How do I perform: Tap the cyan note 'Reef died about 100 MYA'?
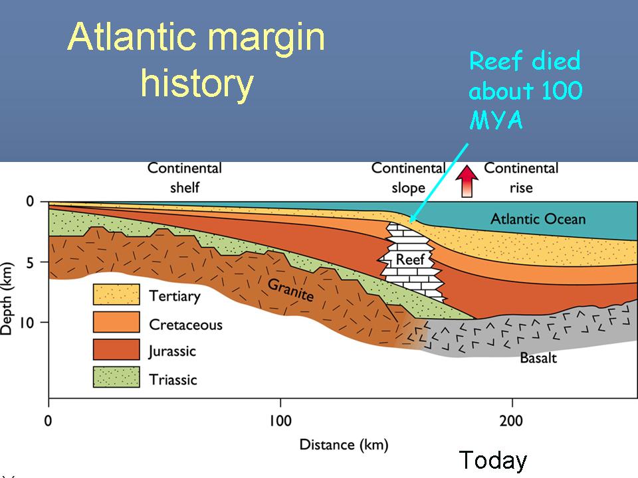pos(526,90)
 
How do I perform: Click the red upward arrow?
pos(467,181)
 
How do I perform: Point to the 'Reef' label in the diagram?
pos(410,259)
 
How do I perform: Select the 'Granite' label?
pos(290,289)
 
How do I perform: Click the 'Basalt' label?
pos(538,358)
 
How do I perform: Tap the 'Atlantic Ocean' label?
pos(538,219)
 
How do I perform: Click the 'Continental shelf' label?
pos(185,178)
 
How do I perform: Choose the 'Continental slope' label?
pos(408,178)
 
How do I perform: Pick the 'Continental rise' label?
pos(521,178)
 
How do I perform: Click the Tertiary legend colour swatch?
pos(116,294)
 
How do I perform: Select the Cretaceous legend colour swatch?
pos(116,322)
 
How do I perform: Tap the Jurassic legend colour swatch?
pos(116,350)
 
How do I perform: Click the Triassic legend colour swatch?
pos(116,377)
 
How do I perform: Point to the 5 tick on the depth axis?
pos(31,263)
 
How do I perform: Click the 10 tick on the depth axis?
pos(26,323)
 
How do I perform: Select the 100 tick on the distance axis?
pos(280,420)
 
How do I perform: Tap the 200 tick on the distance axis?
pos(512,420)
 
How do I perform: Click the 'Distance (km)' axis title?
pos(344,445)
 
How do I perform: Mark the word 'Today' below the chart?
pos(493,461)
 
